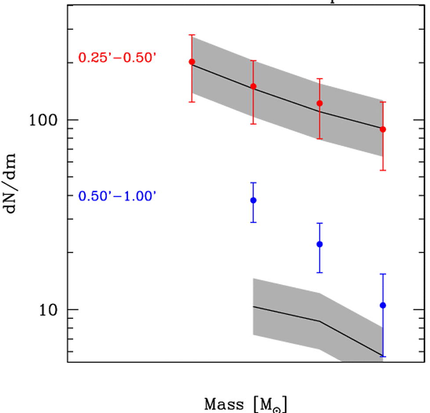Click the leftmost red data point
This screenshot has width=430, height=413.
(192, 62)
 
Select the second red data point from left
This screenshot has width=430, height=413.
(253, 86)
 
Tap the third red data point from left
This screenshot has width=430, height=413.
(320, 103)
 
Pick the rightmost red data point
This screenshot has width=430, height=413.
(383, 129)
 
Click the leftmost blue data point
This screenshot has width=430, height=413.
(253, 200)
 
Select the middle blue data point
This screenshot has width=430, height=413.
(320, 244)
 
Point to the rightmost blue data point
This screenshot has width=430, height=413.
(383, 305)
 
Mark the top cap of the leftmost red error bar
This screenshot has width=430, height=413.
(192, 35)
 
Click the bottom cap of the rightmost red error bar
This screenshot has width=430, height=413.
(383, 170)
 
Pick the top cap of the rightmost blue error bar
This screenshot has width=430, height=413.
(383, 274)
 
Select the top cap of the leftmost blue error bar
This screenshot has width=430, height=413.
(253, 182)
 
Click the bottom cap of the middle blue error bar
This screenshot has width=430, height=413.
(320, 273)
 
